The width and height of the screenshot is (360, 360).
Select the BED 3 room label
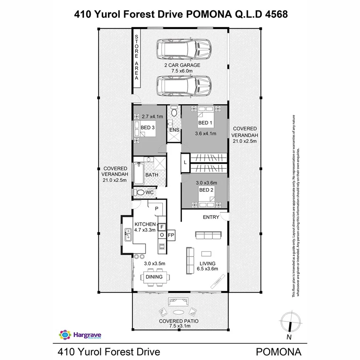[148, 128]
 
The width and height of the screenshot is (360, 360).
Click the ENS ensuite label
[174, 130]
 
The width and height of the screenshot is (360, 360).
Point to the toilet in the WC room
[140, 192]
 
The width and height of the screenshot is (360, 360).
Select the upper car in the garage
[184, 49]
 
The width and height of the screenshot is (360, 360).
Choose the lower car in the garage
[184, 86]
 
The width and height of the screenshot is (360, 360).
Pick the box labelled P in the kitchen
[157, 209]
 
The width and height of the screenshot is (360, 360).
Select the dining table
[156, 277]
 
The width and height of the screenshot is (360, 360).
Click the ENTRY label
[211, 217]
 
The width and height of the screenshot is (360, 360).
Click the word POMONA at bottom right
[278, 352]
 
